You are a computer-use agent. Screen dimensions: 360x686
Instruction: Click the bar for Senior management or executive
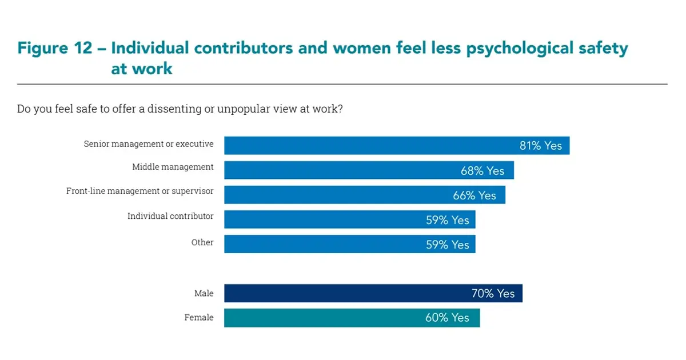coord(366,146)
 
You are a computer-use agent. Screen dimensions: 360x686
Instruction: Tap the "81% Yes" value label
coord(540,146)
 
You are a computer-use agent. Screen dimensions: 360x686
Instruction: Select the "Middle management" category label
coord(173,167)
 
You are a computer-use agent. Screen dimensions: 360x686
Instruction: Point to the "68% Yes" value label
coord(482,171)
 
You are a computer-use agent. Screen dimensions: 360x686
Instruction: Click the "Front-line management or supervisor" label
coord(140,191)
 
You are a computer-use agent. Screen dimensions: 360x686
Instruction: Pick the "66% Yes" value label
coord(474,195)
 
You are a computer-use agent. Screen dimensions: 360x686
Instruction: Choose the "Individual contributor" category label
coord(170,216)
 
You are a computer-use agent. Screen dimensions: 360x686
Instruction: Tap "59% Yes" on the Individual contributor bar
coord(447,220)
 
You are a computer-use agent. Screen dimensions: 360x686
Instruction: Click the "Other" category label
coord(202,242)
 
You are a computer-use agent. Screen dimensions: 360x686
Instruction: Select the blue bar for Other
coord(320,245)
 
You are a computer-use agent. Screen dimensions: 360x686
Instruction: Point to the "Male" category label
coord(204,294)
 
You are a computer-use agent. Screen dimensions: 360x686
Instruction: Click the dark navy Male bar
coord(343,294)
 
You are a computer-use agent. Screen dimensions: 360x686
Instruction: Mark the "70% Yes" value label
coord(493,294)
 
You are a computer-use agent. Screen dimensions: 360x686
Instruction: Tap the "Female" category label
coord(199,318)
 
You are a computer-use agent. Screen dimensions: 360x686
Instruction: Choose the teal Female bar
coord(320,318)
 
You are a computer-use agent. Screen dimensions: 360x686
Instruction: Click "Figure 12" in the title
coord(55,48)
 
